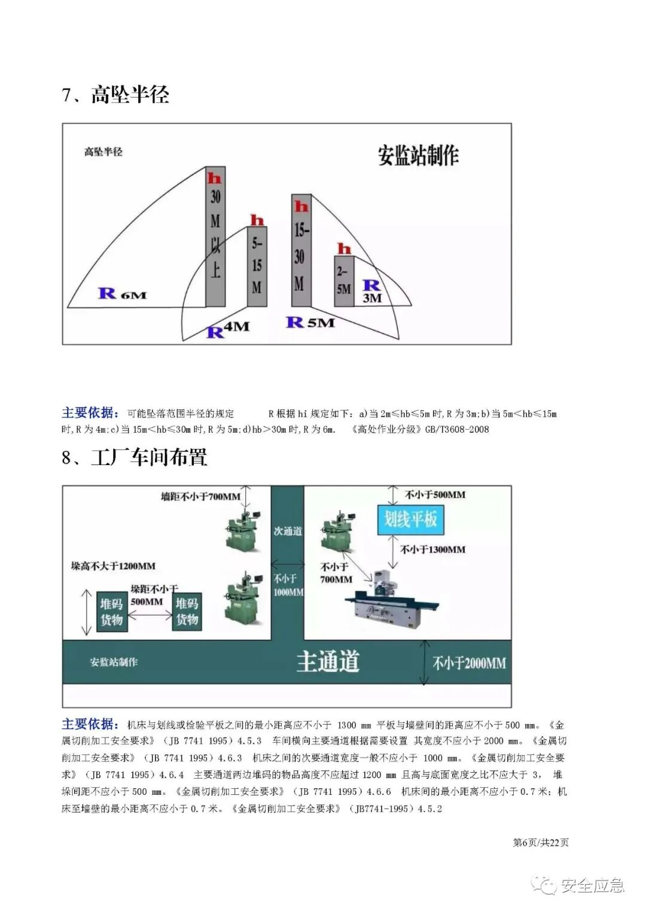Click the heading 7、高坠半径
coord(115,95)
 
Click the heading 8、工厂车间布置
coord(135,457)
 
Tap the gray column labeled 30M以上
coord(215,236)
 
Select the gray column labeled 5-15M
coord(257,266)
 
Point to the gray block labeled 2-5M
coord(343,281)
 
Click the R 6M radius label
coord(122,294)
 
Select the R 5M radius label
coord(310,323)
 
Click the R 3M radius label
coord(371,291)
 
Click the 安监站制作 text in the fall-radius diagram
coord(418,155)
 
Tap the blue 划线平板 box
coord(410,519)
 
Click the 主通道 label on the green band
coord(328,662)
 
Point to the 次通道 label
coord(288,531)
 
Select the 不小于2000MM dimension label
coord(469,663)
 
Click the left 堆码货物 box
coord(111,611)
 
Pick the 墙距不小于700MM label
coord(200,496)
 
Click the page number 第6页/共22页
coord(541,842)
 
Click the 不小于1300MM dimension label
coord(432,549)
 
